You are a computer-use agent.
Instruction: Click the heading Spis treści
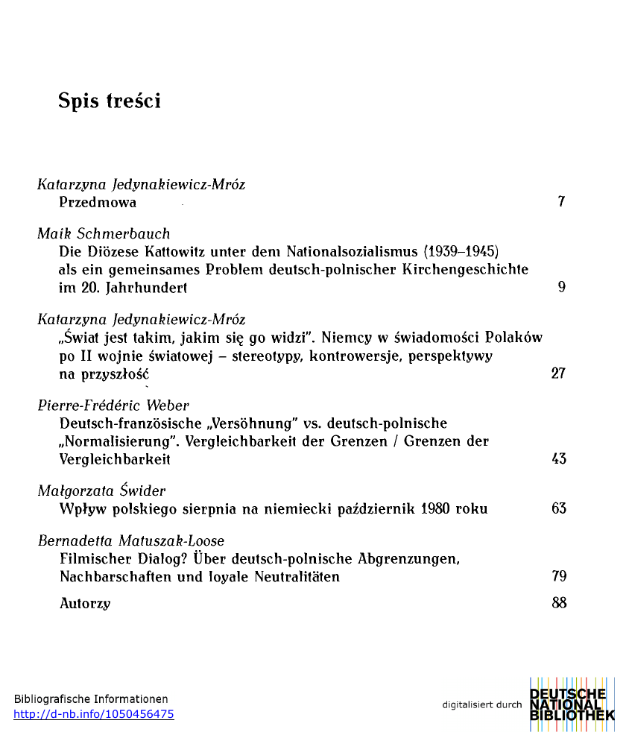coord(110,101)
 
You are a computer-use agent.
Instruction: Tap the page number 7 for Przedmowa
coord(561,202)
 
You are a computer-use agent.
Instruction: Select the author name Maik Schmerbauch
coord(104,233)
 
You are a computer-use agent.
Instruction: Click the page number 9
coord(561,287)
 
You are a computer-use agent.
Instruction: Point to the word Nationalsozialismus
coord(353,251)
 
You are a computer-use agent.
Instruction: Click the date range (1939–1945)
coord(461,251)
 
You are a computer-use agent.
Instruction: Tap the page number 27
coord(558,373)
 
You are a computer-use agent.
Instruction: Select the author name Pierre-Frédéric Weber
coord(113,406)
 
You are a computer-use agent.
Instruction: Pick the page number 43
coord(558,459)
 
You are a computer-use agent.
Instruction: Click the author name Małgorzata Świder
coord(101,490)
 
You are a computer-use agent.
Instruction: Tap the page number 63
coord(558,509)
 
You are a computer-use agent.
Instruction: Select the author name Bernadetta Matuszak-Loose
coord(131,540)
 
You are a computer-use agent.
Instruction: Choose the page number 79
coord(558,576)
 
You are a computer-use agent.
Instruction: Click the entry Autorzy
coord(85,603)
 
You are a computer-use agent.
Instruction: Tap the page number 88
coord(558,603)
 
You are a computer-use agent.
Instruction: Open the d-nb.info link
coord(94,714)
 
